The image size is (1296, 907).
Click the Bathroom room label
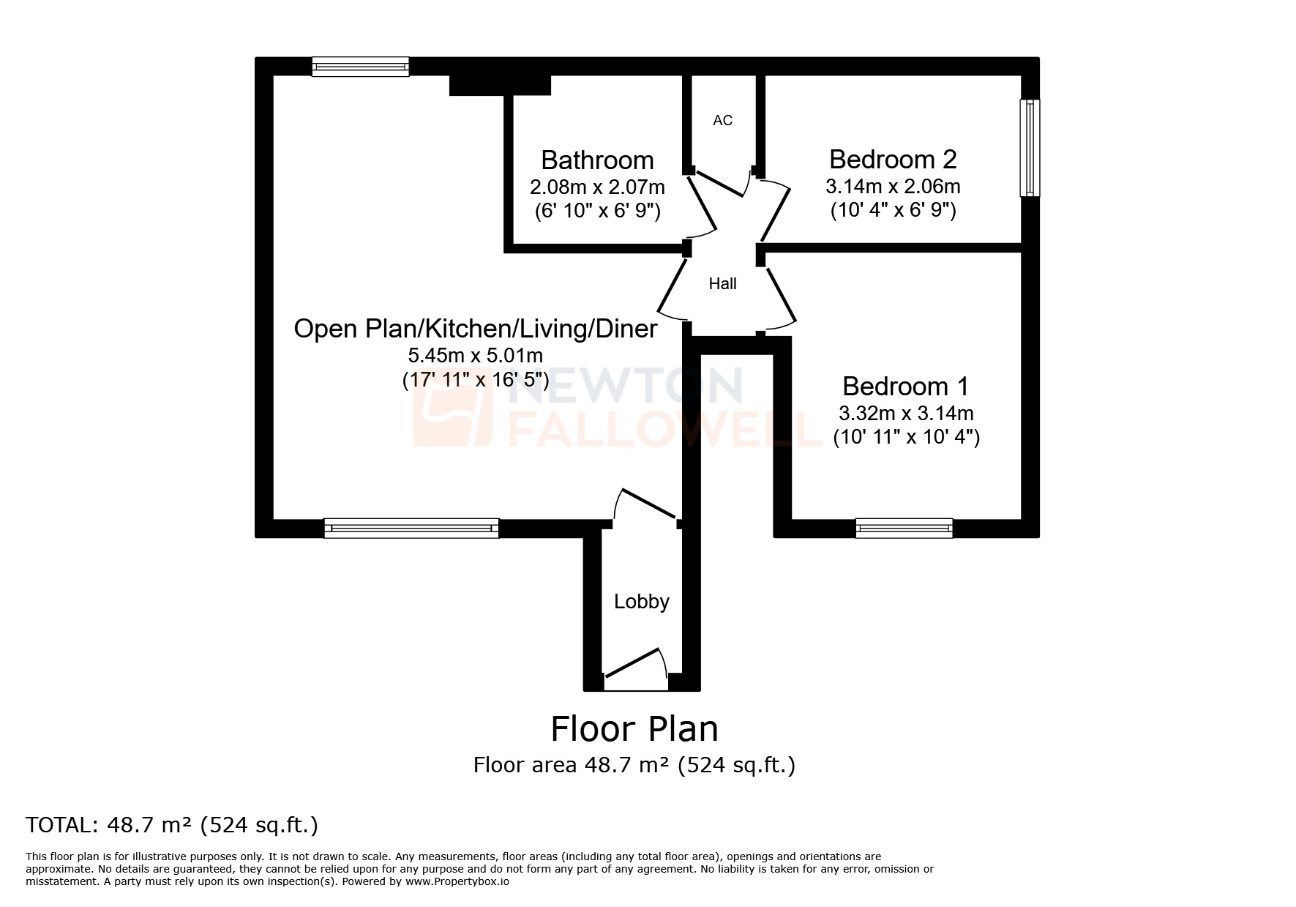click(597, 160)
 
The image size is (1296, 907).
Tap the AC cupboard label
click(722, 120)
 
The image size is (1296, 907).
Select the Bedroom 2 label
click(892, 159)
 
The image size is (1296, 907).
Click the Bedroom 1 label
click(905, 386)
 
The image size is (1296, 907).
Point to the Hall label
click(722, 284)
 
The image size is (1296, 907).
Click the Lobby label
click(641, 602)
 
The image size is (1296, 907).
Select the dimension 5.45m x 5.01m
click(475, 356)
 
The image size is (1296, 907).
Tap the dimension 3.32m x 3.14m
click(905, 413)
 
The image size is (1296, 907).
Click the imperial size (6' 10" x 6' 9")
click(597, 212)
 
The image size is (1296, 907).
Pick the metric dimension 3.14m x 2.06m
click(892, 186)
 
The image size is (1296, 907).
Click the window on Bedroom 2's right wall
click(1030, 148)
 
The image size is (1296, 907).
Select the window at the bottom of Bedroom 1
click(904, 528)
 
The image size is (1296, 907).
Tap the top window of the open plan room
click(360, 67)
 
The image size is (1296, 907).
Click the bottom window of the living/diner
click(411, 528)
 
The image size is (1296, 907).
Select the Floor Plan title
click(634, 729)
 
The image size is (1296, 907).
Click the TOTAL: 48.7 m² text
click(172, 825)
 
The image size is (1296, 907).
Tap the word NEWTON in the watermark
click(628, 386)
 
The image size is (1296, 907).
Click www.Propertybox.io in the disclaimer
click(457, 882)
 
